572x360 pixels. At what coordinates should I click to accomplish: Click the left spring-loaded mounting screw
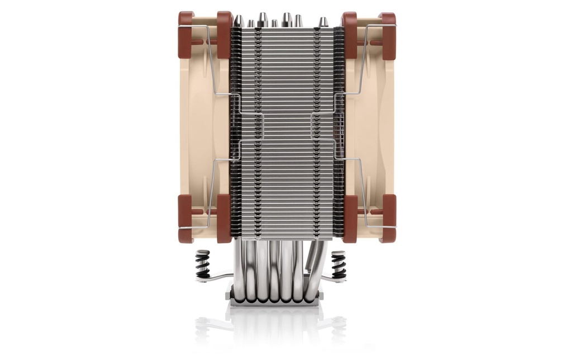[202, 263]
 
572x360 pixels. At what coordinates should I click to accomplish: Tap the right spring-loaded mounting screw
[339, 264]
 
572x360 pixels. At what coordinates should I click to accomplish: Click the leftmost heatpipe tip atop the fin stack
[239, 21]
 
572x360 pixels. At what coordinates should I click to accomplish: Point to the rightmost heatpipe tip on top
[323, 22]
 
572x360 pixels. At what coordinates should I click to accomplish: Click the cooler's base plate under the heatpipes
[273, 301]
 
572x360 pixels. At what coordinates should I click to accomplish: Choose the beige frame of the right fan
[369, 129]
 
